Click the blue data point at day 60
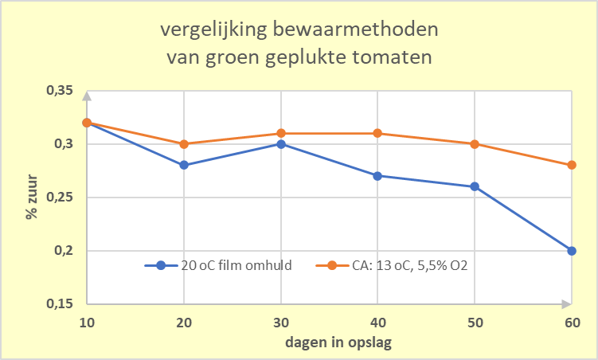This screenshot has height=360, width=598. [572, 251]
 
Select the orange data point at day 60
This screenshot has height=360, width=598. [572, 165]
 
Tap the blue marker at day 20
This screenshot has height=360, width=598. [184, 165]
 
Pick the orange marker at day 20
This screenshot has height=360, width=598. [184, 144]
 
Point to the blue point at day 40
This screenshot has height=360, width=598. [378, 176]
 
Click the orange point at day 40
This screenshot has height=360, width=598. [378, 133]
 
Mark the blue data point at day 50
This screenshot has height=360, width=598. [475, 186]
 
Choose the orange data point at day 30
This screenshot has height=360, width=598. [281, 133]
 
